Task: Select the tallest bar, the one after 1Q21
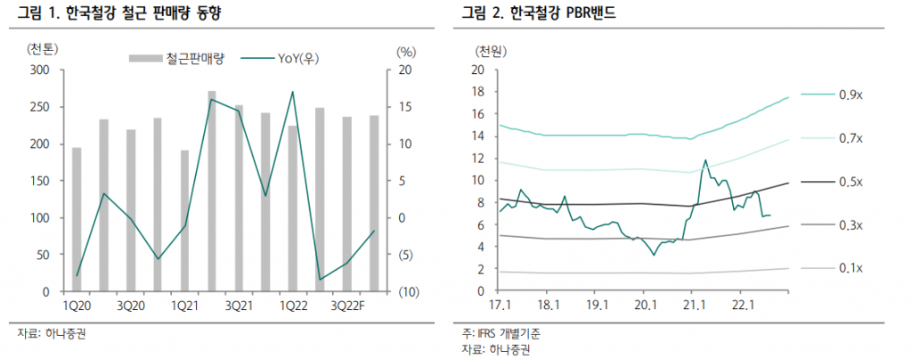click(211, 191)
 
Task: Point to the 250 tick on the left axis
click(41, 107)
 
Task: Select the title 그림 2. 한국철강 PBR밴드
click(538, 13)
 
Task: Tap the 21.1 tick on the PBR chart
click(694, 306)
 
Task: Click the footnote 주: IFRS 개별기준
click(501, 333)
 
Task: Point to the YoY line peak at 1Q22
click(292, 92)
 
